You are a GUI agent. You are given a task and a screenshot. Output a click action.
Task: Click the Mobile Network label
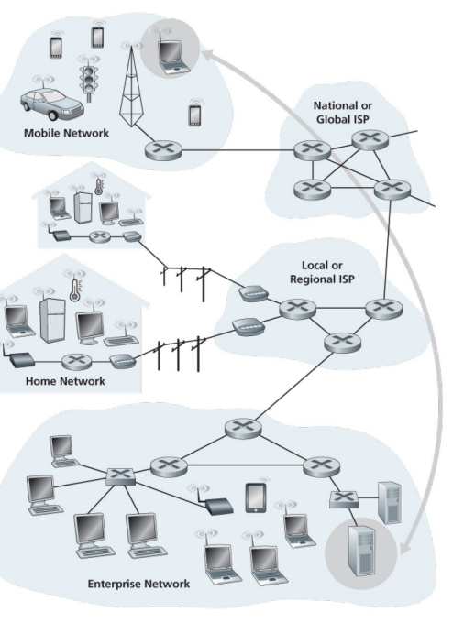tap(66, 133)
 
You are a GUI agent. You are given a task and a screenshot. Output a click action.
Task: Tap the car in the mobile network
tap(52, 104)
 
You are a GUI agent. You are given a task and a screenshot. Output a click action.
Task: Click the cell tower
tap(131, 85)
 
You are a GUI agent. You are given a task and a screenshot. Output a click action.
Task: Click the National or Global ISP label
tap(343, 113)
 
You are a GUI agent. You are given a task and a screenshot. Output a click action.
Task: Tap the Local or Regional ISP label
tap(322, 272)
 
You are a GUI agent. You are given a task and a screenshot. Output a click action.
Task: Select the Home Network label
tap(66, 381)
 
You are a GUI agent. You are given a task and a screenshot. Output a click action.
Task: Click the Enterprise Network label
tap(138, 584)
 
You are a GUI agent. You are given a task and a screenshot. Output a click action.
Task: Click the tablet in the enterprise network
tap(256, 497)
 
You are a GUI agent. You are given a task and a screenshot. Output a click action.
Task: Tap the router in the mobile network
tap(163, 150)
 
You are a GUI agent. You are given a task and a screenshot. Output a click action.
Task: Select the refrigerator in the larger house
tap(52, 321)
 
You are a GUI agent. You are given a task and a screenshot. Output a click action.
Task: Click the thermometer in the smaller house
tap(99, 186)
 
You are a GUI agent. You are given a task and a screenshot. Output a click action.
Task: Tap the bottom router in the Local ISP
tap(342, 342)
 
